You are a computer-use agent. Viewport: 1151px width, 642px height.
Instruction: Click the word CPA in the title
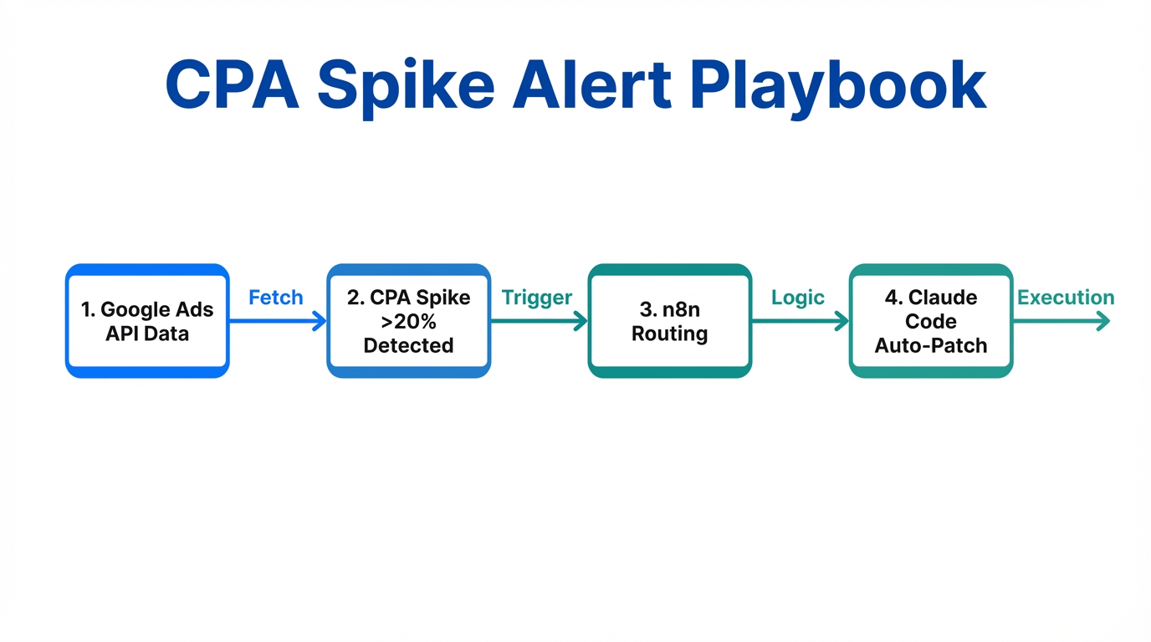coord(233,86)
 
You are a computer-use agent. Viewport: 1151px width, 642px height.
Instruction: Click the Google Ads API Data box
coord(147,321)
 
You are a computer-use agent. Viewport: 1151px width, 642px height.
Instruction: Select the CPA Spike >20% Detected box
coord(408,321)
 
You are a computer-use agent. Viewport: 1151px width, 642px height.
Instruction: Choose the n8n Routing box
coord(669,321)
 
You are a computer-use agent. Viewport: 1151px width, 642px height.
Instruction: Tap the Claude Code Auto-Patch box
coord(930,321)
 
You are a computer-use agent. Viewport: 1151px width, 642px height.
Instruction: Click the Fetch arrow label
coord(276,298)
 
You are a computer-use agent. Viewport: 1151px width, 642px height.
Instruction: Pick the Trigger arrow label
coord(537,298)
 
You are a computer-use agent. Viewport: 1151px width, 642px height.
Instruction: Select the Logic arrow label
coord(798,298)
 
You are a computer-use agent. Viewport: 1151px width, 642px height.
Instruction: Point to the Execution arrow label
coord(1066,298)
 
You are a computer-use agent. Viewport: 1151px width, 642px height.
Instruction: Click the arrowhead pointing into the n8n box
coord(581,321)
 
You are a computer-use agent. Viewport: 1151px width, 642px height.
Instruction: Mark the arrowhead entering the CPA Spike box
coord(320,321)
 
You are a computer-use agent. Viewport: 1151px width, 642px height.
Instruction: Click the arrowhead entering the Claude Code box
coord(842,321)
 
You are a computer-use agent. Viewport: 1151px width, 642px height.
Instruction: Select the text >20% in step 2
coord(408,322)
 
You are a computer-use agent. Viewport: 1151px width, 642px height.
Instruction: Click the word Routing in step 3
coord(669,334)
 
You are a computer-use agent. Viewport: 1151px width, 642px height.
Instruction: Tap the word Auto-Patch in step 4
coord(930,345)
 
